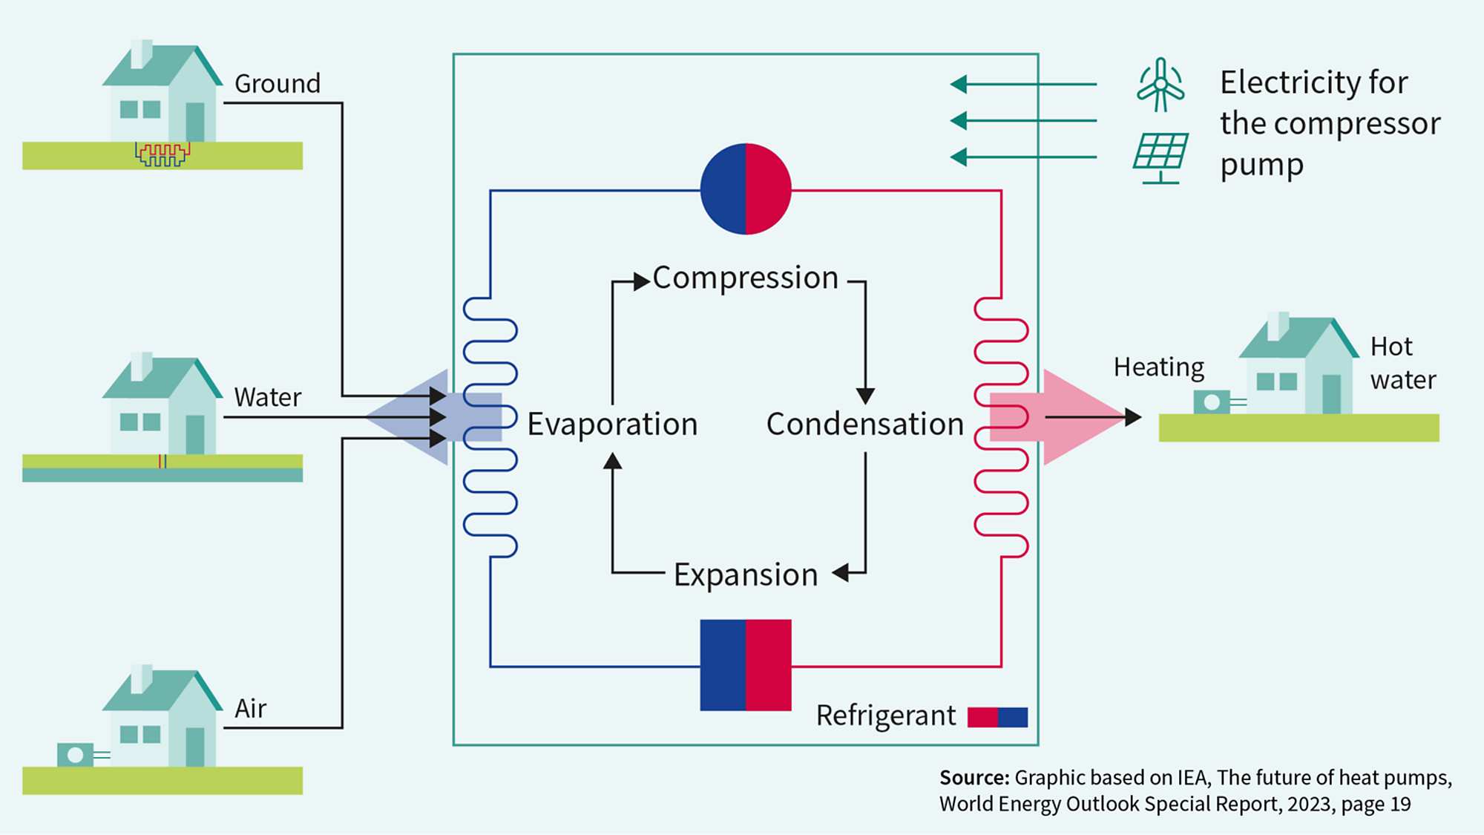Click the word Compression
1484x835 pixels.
(x=745, y=278)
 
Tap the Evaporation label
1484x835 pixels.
(x=612, y=425)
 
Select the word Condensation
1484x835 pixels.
(x=864, y=425)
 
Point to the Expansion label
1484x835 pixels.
(x=745, y=575)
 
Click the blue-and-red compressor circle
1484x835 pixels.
(x=746, y=189)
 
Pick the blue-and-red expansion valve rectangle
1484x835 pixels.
(x=746, y=665)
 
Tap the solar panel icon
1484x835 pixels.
(x=1160, y=154)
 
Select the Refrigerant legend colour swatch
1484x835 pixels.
(x=997, y=717)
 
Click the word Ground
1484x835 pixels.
(x=278, y=84)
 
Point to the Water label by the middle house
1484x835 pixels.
(x=267, y=398)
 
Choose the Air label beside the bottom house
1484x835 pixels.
(x=250, y=709)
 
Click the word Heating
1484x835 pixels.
(x=1158, y=367)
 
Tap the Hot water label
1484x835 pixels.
(x=1402, y=364)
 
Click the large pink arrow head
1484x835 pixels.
(x=1080, y=417)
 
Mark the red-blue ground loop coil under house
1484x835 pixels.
(x=162, y=154)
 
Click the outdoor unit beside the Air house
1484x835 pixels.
(x=76, y=755)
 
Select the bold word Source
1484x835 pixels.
(x=974, y=778)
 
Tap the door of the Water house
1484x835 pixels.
(x=195, y=434)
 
